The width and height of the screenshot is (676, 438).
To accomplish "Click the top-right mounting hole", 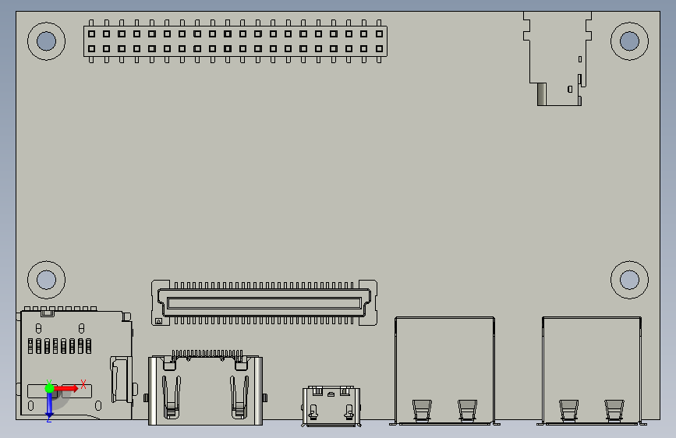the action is tap(629, 41).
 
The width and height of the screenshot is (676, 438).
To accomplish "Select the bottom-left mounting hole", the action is tap(46, 278).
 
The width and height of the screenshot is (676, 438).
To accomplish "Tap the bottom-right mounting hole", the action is tap(629, 278).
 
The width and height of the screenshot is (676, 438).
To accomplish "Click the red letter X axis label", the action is tap(83, 384).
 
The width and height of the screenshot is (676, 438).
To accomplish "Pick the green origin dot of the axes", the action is tap(49, 387).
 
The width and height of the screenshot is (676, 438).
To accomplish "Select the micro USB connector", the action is tap(331, 405).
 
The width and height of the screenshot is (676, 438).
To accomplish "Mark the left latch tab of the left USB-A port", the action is tap(422, 408).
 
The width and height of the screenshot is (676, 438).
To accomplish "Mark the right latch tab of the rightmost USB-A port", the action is tap(614, 408).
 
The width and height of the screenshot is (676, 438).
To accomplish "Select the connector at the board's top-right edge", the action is tap(555, 58).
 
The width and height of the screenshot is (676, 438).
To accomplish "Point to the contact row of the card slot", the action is tap(58, 346).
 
